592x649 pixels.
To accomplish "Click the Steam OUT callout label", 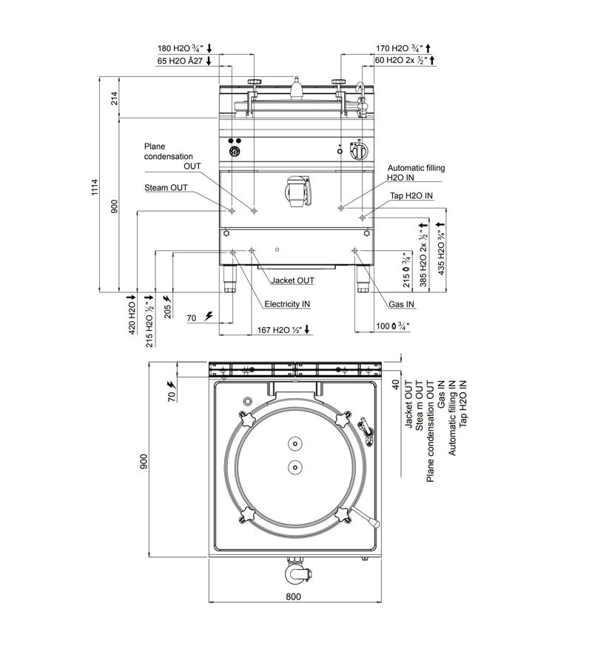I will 166,188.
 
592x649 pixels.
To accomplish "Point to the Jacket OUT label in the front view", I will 292,281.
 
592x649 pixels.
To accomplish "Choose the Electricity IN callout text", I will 288,304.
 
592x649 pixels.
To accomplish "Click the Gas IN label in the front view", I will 401,304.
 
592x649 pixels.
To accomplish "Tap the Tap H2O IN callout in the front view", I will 411,195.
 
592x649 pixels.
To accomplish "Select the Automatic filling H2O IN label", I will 416,173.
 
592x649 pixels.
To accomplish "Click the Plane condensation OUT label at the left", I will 168,156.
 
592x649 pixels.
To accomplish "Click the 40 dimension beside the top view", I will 397,385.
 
